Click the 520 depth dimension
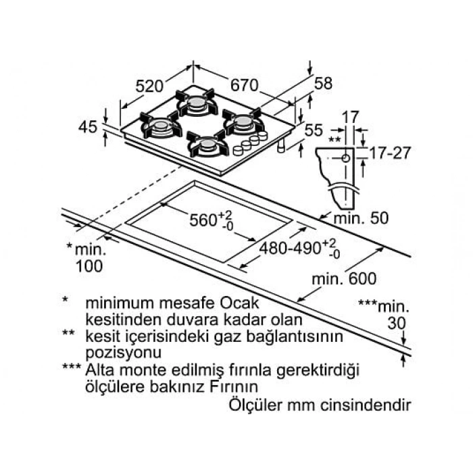tap(149, 86)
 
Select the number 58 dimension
tap(323, 83)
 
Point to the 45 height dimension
tap(87, 127)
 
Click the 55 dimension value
tap(314, 130)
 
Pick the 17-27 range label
tap(390, 153)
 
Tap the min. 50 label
tap(361, 218)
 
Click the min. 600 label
tap(344, 278)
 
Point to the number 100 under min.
tap(89, 266)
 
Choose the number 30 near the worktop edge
tap(397, 324)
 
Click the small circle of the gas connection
tap(346, 158)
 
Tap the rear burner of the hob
tap(197, 103)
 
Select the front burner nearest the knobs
tap(207, 144)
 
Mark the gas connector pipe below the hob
tap(281, 147)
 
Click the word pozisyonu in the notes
tap(124, 353)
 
